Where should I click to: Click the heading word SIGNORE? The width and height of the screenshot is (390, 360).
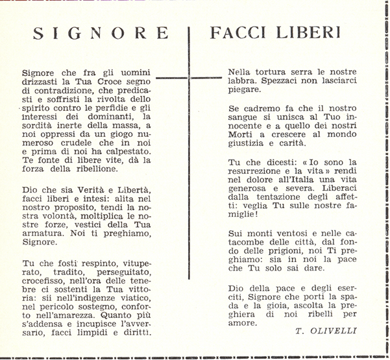101,34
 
